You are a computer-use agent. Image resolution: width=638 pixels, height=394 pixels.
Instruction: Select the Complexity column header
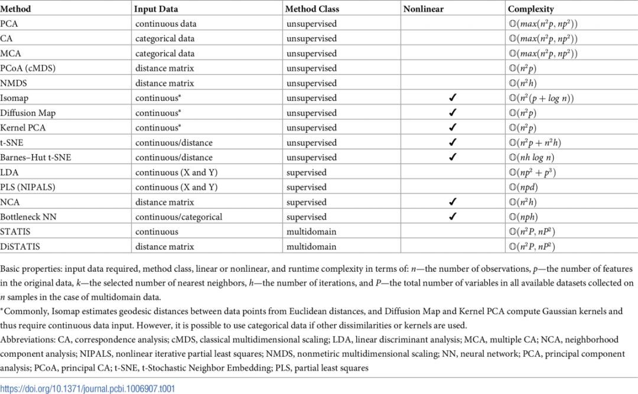(x=530, y=9)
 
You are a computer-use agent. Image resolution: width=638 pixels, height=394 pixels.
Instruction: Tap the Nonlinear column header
(x=424, y=9)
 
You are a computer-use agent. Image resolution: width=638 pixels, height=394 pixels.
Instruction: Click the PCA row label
(x=9, y=24)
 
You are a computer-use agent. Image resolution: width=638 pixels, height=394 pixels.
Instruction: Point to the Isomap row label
(x=14, y=98)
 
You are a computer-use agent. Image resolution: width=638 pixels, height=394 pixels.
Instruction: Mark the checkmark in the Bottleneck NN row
(x=453, y=217)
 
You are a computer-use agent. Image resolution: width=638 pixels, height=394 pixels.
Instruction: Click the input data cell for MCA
(x=165, y=54)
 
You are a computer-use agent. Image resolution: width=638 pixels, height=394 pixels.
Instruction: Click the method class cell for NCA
(x=307, y=202)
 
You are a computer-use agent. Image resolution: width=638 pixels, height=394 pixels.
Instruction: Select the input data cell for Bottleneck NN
(x=178, y=217)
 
